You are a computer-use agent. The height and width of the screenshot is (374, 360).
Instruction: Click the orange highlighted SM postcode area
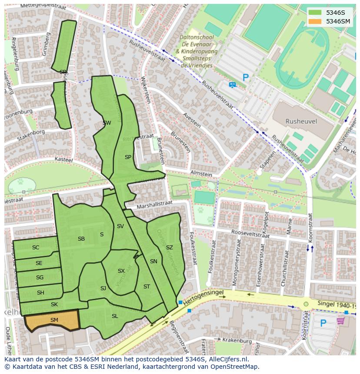pos(52,321)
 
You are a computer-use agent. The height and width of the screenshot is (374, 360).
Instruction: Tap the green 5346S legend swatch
pos(315,12)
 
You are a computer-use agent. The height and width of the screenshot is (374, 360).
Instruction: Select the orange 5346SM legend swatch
pos(315,21)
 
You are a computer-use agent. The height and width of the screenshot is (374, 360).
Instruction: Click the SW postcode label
pos(107,123)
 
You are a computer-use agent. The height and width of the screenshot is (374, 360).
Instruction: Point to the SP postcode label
pos(128,157)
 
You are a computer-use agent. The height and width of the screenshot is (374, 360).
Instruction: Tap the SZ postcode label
pos(169,248)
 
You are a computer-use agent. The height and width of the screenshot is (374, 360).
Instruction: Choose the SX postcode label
pos(121,271)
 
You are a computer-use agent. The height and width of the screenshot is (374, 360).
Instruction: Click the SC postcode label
pos(36,248)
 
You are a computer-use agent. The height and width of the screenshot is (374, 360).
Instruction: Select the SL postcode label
pos(115,316)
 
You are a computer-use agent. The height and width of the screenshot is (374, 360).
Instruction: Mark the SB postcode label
pos(81,239)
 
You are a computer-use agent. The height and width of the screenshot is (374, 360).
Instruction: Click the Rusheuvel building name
pos(301,122)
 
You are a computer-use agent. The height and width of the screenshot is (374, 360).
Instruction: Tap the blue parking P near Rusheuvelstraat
pos(246,78)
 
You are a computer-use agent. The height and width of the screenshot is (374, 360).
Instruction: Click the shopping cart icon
pos(340,321)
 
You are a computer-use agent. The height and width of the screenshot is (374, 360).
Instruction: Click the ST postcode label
pos(147,287)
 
